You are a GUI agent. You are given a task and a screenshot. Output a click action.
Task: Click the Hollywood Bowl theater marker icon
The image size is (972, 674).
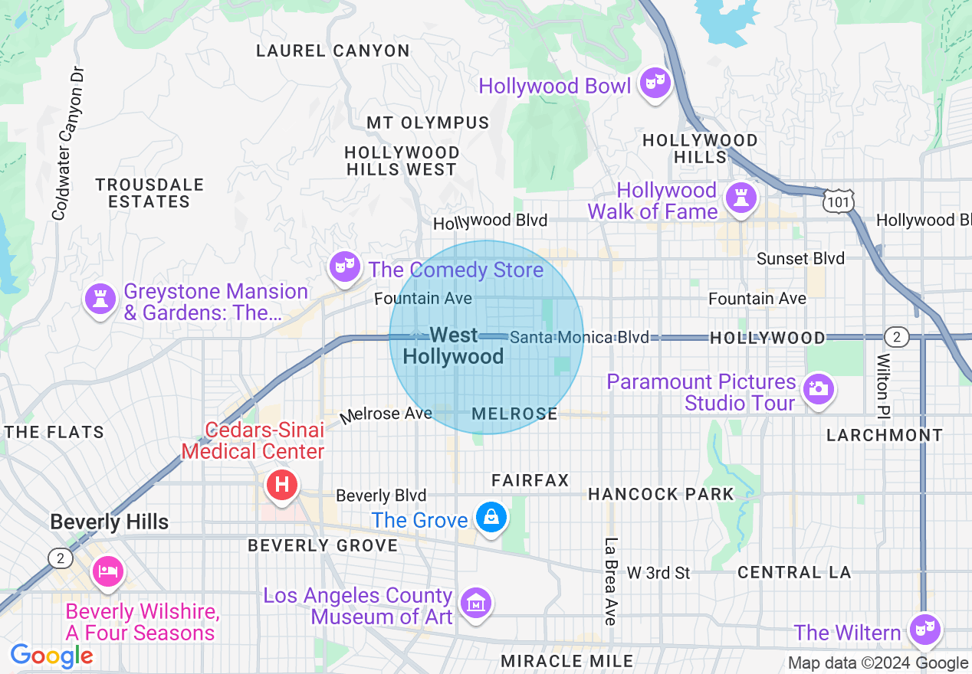tap(654, 83)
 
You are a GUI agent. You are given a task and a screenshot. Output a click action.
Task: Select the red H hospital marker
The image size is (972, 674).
tap(281, 485)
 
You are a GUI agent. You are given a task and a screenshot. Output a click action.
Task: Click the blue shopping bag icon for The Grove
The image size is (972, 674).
tap(491, 519)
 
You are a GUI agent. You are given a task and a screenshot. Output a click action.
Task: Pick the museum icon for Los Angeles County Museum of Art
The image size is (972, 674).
tap(477, 604)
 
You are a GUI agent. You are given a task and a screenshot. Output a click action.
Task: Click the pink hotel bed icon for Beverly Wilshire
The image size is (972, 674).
tap(108, 571)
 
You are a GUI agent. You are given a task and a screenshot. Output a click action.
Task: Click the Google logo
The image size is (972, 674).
tap(52, 656)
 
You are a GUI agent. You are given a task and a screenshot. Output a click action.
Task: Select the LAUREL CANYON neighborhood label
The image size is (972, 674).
tap(333, 51)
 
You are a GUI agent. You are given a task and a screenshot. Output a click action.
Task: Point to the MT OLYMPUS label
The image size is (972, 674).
tap(428, 123)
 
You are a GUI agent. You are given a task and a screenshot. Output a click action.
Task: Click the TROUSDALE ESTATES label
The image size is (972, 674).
tap(149, 193)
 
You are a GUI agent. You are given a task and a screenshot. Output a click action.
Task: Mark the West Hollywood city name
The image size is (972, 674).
tap(454, 345)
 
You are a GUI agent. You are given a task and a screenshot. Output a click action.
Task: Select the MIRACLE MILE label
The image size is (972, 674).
tap(566, 660)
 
